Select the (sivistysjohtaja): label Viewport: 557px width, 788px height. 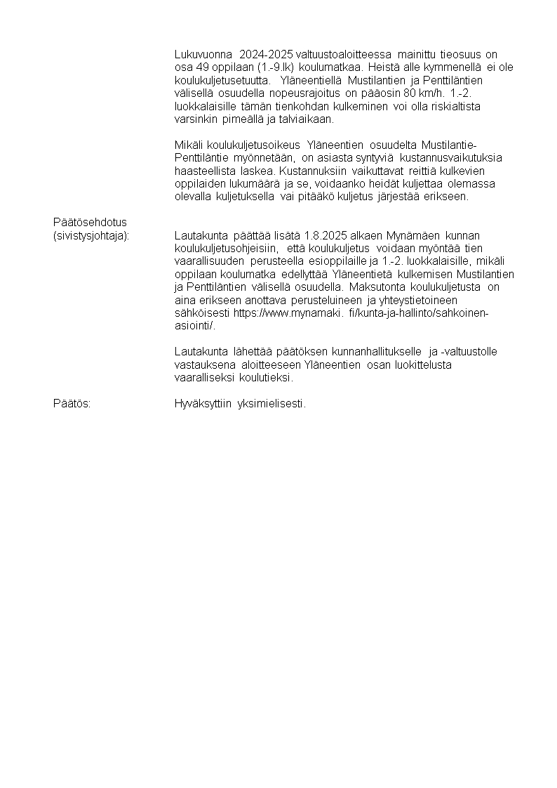click(92, 235)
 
